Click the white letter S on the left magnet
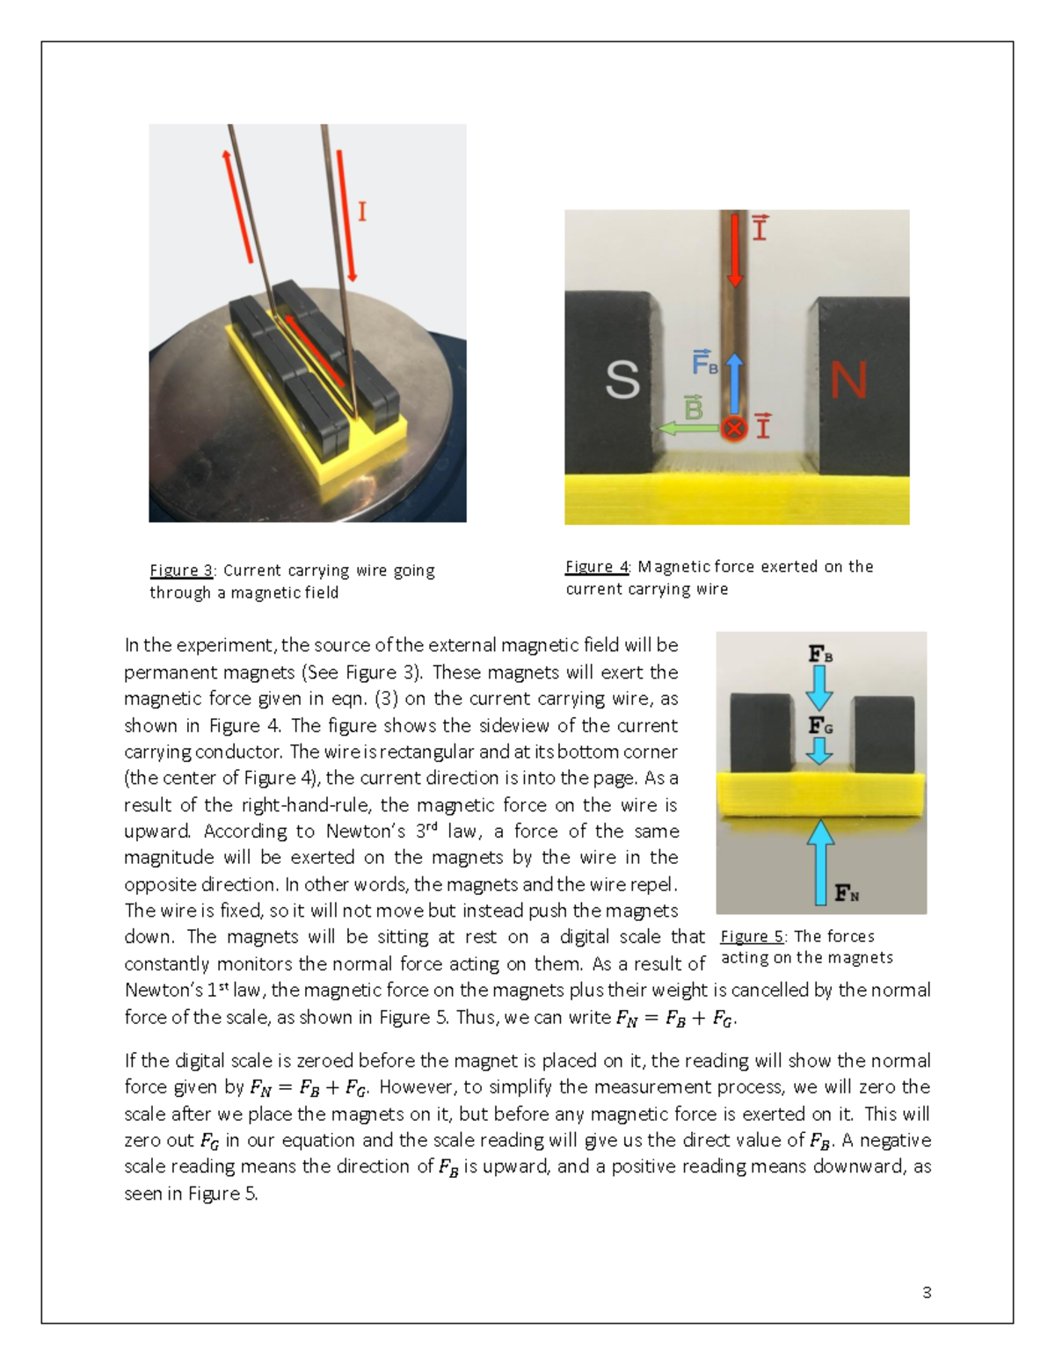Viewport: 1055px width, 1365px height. click(622, 381)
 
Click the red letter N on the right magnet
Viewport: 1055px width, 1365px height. click(848, 381)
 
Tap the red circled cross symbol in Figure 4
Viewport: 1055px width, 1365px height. click(734, 428)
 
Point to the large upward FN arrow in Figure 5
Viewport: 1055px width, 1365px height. click(820, 861)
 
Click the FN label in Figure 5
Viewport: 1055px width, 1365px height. click(847, 894)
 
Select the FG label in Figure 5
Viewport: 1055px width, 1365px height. click(820, 726)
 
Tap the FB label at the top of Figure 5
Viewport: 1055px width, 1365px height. click(820, 654)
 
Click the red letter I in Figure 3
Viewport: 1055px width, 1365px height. click(361, 212)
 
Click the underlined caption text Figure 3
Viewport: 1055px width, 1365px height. click(181, 570)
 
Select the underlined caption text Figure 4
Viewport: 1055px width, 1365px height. click(597, 567)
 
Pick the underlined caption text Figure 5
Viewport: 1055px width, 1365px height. click(752, 936)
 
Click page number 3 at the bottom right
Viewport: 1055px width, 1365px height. click(927, 1292)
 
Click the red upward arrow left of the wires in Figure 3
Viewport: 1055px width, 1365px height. click(238, 207)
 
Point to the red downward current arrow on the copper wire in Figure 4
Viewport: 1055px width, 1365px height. click(735, 250)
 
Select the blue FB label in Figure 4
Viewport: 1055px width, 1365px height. click(705, 362)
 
